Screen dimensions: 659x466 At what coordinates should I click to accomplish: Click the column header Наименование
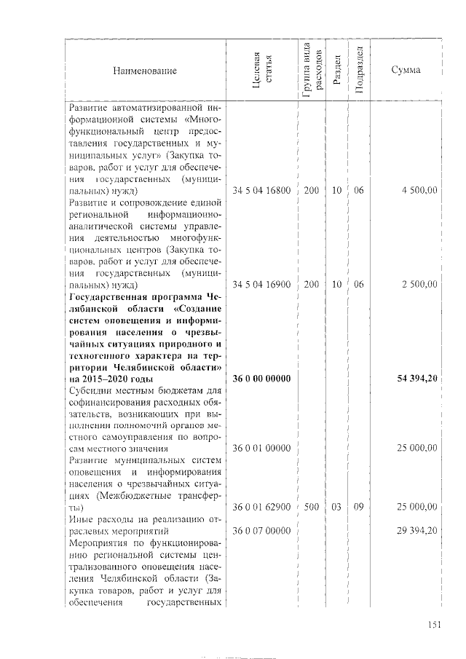pos(145,71)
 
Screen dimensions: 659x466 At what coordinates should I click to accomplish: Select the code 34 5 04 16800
pos(261,191)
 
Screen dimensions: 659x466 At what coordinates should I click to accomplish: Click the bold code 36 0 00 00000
pos(261,379)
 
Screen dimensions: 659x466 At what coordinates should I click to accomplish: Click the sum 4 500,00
pos(419,191)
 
